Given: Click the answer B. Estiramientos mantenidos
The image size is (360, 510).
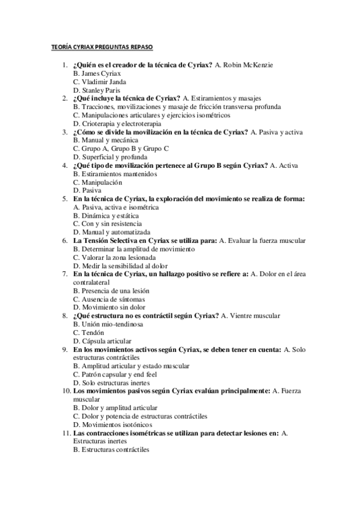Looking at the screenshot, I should tap(115, 173).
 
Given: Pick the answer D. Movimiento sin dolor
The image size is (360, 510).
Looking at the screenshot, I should tap(109, 307).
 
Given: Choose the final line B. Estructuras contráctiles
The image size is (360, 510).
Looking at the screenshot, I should tap(111, 449).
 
